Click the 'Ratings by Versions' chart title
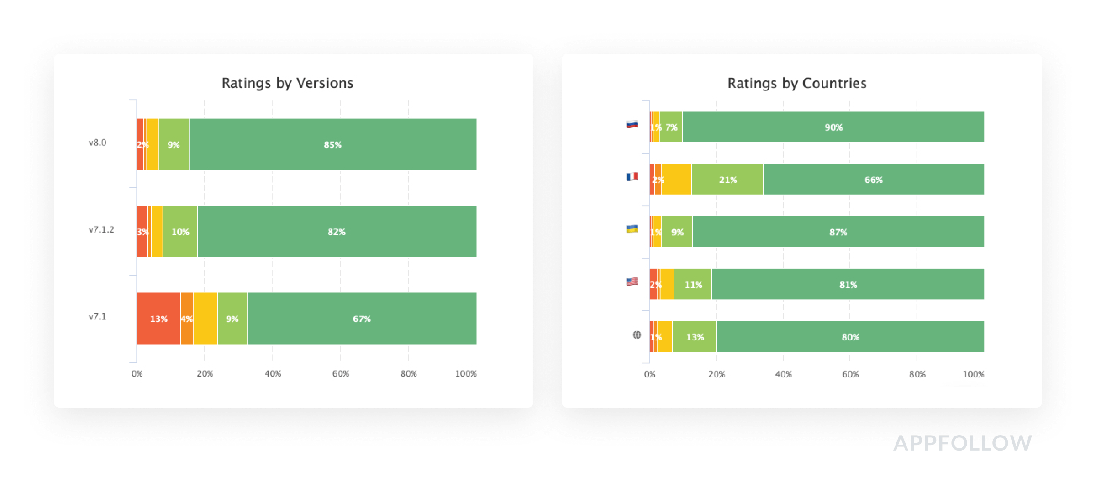pyautogui.click(x=287, y=83)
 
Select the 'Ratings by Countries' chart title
pyautogui.click(x=796, y=83)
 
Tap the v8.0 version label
pyautogui.click(x=97, y=143)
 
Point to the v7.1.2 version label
pyautogui.click(x=101, y=229)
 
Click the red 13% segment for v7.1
pyautogui.click(x=158, y=319)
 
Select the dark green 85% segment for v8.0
pyautogui.click(x=332, y=144)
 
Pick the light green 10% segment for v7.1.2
pyautogui.click(x=180, y=232)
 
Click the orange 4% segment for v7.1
pyautogui.click(x=187, y=319)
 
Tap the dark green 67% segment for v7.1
pyautogui.click(x=362, y=319)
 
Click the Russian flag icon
pyautogui.click(x=632, y=124)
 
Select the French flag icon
pyautogui.click(x=632, y=176)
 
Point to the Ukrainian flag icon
pyautogui.click(x=632, y=229)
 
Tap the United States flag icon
pyautogui.click(x=632, y=281)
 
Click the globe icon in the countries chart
pyautogui.click(x=637, y=335)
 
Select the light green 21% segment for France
pyautogui.click(x=727, y=180)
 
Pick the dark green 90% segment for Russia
pyautogui.click(x=833, y=127)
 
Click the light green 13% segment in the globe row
pyautogui.click(x=695, y=337)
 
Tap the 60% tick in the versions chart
pyautogui.click(x=340, y=374)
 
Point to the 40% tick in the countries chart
pyautogui.click(x=783, y=374)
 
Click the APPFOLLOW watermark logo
pyautogui.click(x=962, y=443)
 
